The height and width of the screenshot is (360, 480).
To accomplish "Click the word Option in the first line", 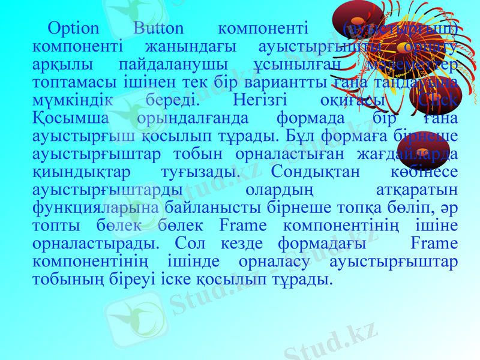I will pos(73,28).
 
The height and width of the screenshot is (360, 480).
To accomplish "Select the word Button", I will pos(159,28).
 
